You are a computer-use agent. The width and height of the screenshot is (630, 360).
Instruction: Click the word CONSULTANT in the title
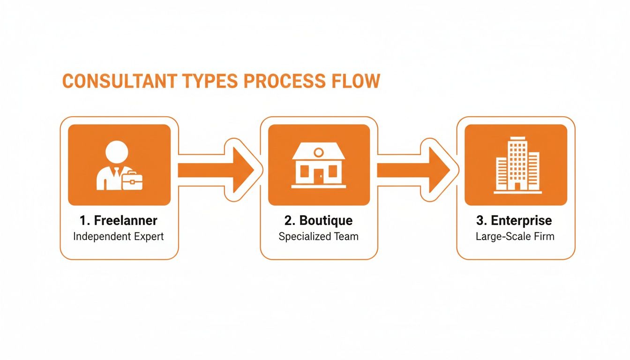(x=119, y=81)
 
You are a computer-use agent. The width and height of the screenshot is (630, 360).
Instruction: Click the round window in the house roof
(x=319, y=151)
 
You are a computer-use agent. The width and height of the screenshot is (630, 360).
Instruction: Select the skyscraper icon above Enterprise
(x=517, y=165)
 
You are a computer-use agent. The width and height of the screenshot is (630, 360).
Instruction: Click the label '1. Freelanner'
(x=119, y=220)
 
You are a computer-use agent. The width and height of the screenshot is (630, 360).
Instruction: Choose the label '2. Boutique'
(x=319, y=220)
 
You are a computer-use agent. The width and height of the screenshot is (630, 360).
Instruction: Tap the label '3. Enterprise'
(x=515, y=220)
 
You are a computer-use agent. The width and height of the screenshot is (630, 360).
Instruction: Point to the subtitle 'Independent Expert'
(x=119, y=236)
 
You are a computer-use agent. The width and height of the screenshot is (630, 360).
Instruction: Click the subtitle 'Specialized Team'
(x=319, y=236)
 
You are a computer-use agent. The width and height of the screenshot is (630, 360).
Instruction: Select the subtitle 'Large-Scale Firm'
(x=515, y=236)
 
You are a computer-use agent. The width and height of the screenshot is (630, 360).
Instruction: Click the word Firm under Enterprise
(x=545, y=236)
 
